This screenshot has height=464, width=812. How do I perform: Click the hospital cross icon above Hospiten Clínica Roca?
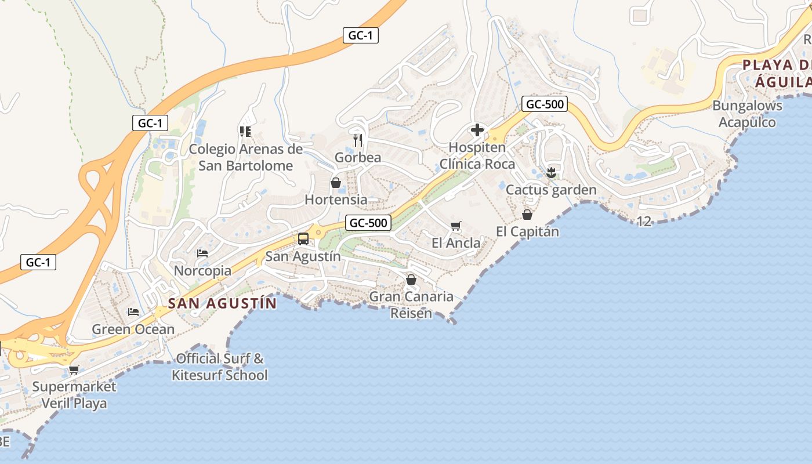tap(477, 129)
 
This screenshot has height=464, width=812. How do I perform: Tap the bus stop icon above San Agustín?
tap(303, 238)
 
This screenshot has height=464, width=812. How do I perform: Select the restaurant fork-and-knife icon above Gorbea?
tap(358, 140)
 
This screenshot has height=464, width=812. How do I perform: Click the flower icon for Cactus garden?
tap(551, 172)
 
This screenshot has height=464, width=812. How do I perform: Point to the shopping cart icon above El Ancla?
tap(456, 226)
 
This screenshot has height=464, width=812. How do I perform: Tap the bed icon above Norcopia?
tap(202, 253)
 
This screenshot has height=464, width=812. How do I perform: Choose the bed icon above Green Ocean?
tap(133, 311)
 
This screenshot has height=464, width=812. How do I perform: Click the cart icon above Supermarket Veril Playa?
tap(74, 369)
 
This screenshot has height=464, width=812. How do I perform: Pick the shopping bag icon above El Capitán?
tap(527, 215)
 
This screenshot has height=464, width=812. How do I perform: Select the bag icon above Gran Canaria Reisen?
tap(411, 280)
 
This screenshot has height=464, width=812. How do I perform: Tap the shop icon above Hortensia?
tap(335, 183)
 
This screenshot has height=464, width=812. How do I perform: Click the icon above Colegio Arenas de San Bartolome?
tap(245, 132)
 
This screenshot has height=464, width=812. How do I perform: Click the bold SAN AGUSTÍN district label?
tap(222, 303)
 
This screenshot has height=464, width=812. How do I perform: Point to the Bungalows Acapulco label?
tap(747, 114)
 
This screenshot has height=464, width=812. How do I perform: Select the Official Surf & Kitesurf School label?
tap(220, 367)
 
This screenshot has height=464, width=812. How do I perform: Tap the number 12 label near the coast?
tap(644, 221)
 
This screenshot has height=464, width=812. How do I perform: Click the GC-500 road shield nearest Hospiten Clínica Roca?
tap(543, 104)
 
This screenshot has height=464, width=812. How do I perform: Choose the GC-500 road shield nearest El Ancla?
tap(368, 222)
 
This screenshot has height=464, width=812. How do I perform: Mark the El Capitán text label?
tap(527, 231)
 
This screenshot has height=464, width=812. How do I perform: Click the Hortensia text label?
tap(336, 200)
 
